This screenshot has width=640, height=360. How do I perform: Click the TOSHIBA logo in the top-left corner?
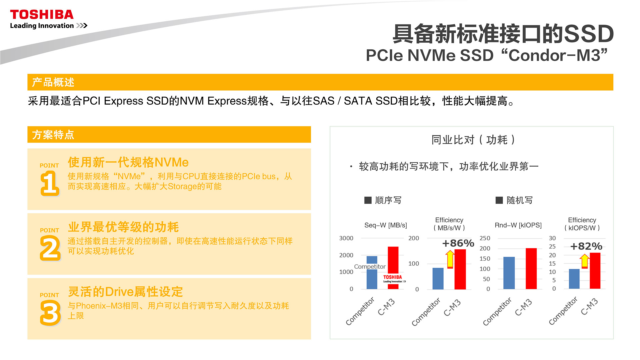pyautogui.click(x=42, y=15)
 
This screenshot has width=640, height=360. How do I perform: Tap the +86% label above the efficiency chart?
pyautogui.click(x=458, y=243)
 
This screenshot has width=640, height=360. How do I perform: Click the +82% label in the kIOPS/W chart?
pyautogui.click(x=586, y=246)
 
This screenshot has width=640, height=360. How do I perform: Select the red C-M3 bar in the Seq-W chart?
pyautogui.click(x=393, y=268)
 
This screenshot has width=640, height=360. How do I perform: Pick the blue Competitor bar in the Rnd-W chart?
pyautogui.click(x=509, y=273)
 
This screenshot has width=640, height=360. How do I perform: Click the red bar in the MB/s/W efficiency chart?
pyautogui.click(x=460, y=269)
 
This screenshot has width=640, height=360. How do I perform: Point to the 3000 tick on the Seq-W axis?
pyautogui.click(x=346, y=238)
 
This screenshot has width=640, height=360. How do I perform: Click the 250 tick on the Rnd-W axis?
pyautogui.click(x=485, y=238)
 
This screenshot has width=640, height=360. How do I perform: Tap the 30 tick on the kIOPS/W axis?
pyautogui.click(x=552, y=238)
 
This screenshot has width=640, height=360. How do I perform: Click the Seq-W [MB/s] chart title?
pyautogui.click(x=386, y=225)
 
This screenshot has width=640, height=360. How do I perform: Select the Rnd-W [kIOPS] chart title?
pyautogui.click(x=518, y=225)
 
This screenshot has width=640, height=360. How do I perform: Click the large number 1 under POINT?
pyautogui.click(x=50, y=183)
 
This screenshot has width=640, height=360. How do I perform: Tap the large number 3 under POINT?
pyautogui.click(x=50, y=313)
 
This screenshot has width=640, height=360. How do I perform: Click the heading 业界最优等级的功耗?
pyautogui.click(x=123, y=227)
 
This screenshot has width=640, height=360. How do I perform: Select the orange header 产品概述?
pyautogui.click(x=53, y=82)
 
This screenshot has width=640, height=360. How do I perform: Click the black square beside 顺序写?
pyautogui.click(x=368, y=200)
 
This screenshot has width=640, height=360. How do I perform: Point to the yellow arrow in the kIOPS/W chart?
pyautogui.click(x=584, y=261)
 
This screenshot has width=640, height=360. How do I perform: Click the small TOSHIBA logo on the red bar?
pyautogui.click(x=393, y=279)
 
